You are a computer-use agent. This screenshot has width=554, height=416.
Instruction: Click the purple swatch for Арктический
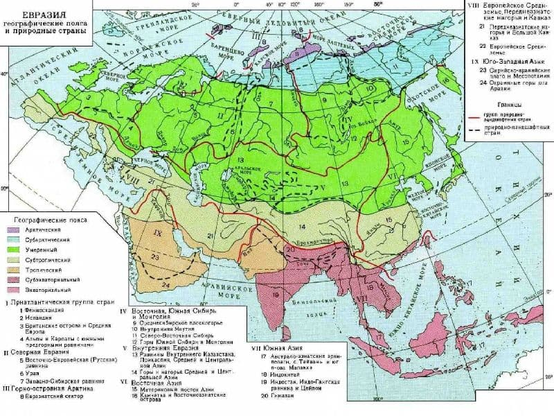pos(17,229)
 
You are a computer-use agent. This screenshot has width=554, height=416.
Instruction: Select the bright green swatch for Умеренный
pos(17,249)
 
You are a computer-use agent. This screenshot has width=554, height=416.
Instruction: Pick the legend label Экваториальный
pos(55,288)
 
